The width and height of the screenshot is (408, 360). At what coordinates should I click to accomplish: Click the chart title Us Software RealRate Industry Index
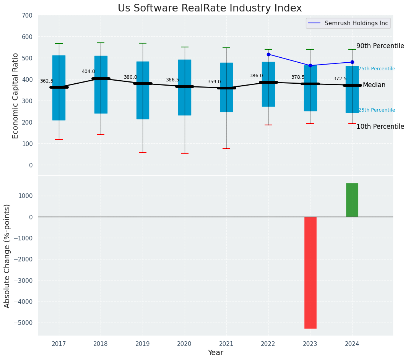[x=210, y=8]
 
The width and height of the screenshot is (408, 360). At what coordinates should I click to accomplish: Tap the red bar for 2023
[x=310, y=272]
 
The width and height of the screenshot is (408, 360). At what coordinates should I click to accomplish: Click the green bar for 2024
[x=352, y=200]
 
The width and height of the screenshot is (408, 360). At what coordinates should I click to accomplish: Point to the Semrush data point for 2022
[x=268, y=54]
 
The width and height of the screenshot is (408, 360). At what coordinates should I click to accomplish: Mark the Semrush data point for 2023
[x=310, y=65]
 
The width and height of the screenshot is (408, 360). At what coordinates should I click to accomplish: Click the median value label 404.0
[x=88, y=71]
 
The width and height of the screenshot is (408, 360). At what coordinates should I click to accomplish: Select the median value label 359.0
[x=214, y=82]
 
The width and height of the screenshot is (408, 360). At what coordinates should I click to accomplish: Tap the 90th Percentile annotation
[x=380, y=46]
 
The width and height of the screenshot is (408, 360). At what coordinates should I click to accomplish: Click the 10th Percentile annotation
[x=380, y=126]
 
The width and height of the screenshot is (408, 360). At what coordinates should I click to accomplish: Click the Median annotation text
[x=374, y=85]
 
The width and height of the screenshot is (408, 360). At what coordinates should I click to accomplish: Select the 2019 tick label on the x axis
[x=143, y=344]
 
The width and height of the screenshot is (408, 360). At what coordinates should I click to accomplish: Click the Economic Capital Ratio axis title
[x=16, y=96]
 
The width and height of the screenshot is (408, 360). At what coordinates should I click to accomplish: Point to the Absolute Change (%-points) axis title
[x=7, y=256]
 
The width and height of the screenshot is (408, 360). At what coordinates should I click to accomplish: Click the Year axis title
[x=215, y=353]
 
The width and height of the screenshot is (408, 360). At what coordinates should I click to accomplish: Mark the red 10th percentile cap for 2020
[x=185, y=153]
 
